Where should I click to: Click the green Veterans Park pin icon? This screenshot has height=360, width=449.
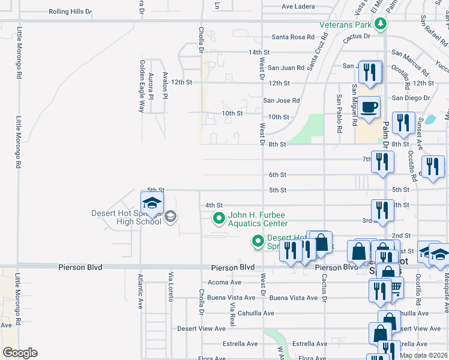tap(379, 24)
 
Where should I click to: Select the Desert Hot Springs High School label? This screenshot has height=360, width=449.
tap(126, 217)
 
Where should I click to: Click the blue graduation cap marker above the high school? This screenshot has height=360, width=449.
tap(152, 204)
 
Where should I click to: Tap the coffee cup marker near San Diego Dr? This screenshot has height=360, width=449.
tap(370, 107)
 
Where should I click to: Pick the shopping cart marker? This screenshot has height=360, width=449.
tap(396, 289)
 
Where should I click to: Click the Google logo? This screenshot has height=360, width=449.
tap(20, 353)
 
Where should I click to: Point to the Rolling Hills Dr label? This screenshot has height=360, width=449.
tap(70, 11)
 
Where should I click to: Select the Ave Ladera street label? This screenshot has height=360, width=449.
tap(298, 7)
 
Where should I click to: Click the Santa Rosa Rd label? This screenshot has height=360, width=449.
tap(293, 37)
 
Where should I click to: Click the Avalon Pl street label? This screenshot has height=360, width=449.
tap(164, 82)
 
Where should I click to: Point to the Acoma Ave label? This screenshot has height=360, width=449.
tap(224, 283)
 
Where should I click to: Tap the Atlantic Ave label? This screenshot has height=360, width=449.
tap(140, 291)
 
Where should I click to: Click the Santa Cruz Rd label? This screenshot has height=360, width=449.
tap(317, 52)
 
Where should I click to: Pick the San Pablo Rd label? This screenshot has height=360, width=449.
tap(339, 113)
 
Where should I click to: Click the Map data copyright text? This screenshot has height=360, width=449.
tap(423, 355)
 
